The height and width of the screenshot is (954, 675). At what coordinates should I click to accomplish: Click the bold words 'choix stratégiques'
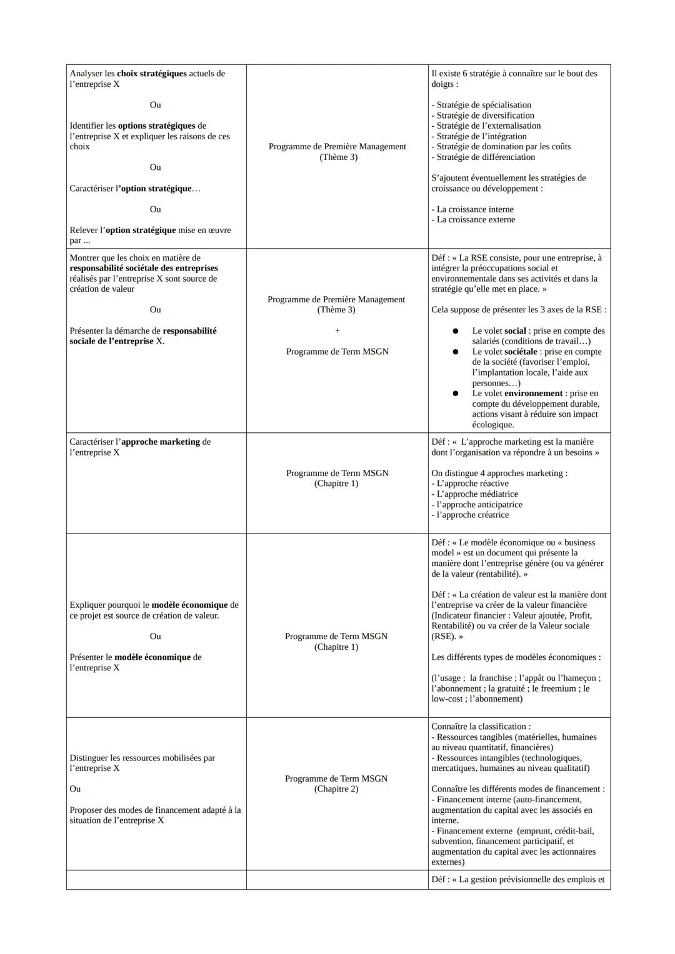[152, 74]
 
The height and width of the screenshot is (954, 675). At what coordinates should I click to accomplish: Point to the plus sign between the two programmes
[337, 330]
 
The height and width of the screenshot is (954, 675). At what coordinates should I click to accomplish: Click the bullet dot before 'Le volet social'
[456, 331]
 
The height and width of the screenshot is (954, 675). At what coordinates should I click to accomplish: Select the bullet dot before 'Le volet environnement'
[456, 394]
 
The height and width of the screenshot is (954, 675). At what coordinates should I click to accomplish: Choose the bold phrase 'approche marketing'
[161, 442]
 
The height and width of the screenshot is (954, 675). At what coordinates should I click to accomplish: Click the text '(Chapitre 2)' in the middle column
[336, 789]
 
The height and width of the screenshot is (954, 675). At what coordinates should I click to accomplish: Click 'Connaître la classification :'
[481, 727]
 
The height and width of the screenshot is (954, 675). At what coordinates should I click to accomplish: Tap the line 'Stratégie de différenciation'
[485, 157]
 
